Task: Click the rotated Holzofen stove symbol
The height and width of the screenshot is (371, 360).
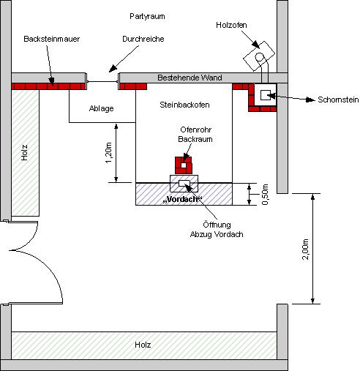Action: [x=258, y=56]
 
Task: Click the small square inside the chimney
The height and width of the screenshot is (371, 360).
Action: [x=265, y=93]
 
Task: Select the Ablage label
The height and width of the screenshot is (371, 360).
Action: [x=101, y=108]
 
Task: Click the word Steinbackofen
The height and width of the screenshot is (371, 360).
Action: [x=184, y=105]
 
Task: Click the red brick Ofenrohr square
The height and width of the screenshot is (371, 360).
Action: [x=184, y=164]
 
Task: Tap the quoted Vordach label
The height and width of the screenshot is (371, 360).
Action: [x=184, y=198]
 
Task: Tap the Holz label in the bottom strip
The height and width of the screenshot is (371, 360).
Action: [x=143, y=344]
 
